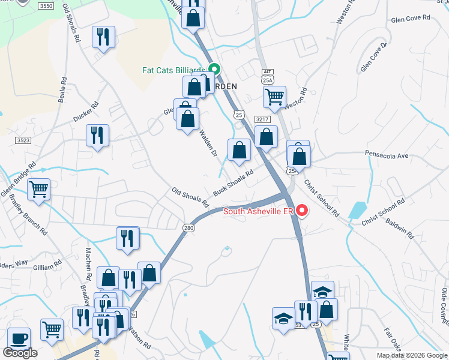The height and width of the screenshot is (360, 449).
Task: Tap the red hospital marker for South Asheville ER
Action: click(302, 211)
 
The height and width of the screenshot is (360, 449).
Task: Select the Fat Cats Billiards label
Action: click(173, 70)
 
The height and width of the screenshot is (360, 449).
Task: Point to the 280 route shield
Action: click(188, 227)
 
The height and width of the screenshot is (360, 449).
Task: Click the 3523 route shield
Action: click(23, 140)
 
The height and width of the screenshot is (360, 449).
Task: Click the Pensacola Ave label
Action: click(387, 155)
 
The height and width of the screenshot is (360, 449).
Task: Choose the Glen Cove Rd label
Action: click(411, 18)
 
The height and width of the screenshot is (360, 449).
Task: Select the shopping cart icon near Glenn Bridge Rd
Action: click(38, 190)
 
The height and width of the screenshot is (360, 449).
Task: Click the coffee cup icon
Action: click(19, 338)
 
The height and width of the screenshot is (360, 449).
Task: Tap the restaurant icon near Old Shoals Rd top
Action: click(104, 37)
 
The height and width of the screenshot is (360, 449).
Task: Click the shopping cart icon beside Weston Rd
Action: click(274, 97)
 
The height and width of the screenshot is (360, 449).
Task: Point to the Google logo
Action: click(20, 353)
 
